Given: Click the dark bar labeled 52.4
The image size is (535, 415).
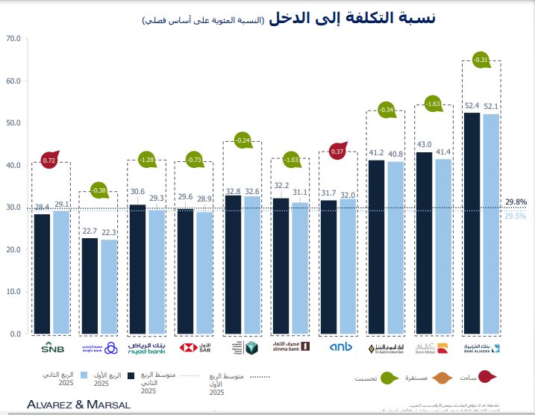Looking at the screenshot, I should (472, 224).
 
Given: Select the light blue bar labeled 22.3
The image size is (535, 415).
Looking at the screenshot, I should (109, 287).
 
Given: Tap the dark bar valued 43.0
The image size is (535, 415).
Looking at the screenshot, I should (424, 243).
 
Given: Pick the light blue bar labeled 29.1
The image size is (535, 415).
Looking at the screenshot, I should (61, 272).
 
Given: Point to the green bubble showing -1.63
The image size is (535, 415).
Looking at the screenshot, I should (434, 104).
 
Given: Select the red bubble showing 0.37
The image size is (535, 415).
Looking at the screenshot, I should (337, 151).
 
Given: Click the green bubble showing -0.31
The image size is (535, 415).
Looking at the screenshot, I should (481, 60).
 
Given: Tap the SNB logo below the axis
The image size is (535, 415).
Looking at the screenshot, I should (52, 348).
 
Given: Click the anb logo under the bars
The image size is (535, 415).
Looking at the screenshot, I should (340, 347).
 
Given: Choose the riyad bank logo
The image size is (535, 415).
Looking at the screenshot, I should (146, 347).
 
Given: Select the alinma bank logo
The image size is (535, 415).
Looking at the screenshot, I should (291, 347).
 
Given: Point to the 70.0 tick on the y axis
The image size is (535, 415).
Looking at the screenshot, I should (13, 37).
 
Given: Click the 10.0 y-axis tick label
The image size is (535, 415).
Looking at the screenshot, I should (13, 292).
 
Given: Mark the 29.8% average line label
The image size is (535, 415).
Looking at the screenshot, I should (516, 202).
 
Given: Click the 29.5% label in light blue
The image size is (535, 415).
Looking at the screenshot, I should (516, 216).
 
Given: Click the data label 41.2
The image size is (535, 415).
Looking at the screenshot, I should (376, 154).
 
